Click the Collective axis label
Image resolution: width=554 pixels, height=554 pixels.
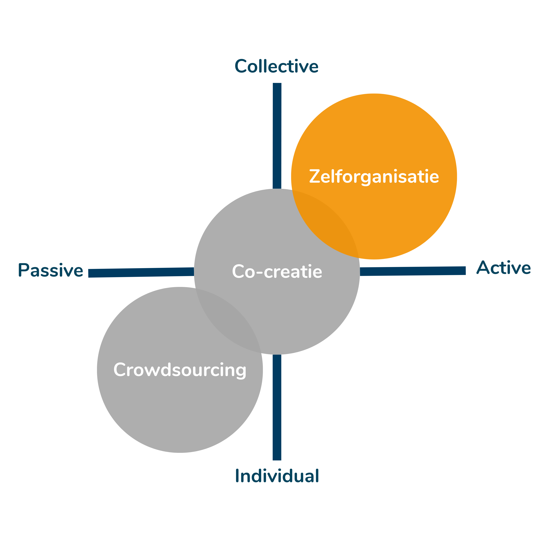click(276, 67)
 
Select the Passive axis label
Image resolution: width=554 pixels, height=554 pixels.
click(50, 270)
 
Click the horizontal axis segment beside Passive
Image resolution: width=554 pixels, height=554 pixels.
click(140, 272)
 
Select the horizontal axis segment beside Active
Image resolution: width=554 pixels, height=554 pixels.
click(413, 271)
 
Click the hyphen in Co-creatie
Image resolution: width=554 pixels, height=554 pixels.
click(259, 272)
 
